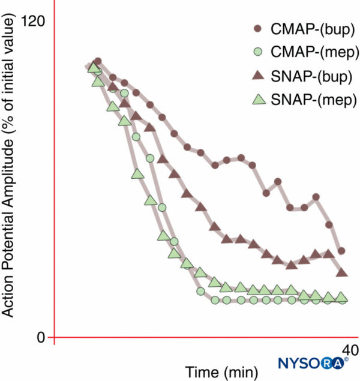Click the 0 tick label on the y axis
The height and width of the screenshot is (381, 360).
40,337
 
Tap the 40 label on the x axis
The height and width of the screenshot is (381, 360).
350,350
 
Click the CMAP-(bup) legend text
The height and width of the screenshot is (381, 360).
312,29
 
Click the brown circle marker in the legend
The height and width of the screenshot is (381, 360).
257,29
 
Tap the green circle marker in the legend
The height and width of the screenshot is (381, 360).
257,52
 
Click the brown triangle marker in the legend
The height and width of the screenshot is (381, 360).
257,76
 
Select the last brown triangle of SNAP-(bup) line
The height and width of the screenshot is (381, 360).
342,272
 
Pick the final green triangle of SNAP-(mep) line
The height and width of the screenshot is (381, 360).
342,297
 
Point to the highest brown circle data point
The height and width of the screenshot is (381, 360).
98,62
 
